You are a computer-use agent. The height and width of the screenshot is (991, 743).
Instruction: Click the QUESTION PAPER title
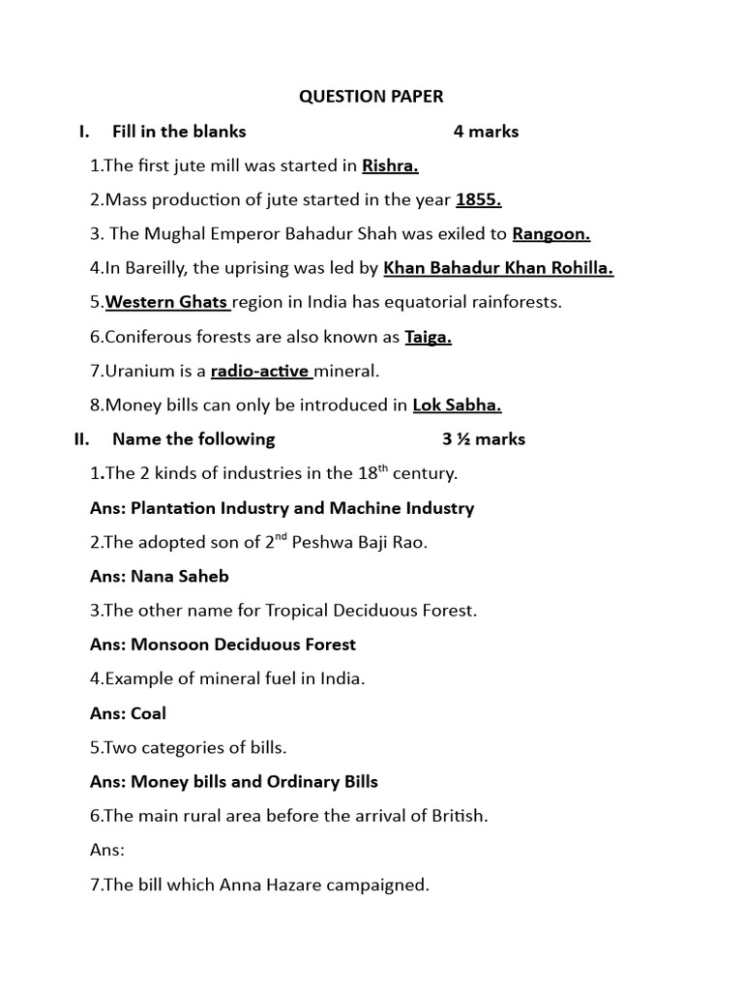point(371,97)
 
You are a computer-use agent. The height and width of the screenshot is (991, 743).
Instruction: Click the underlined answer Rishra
point(390,165)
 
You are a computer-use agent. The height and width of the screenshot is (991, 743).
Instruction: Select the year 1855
point(478,199)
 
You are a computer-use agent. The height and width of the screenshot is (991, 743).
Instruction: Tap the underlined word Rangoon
point(550,233)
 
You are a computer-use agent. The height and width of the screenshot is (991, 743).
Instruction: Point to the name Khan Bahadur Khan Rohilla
point(498,268)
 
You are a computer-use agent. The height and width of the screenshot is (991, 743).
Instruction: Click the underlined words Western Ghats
point(165,302)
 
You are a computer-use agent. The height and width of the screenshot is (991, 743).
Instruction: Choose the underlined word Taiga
point(429,337)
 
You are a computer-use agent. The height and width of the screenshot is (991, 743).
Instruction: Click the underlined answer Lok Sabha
point(457,405)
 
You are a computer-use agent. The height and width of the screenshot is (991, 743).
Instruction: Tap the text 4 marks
point(486,132)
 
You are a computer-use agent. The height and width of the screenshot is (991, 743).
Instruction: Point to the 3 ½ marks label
point(484,439)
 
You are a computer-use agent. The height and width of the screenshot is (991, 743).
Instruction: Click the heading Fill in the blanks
point(179,132)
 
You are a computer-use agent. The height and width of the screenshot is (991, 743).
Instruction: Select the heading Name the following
point(193,439)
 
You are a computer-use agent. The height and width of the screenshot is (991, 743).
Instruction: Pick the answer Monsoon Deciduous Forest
point(243,645)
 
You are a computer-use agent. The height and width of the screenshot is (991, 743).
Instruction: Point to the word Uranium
point(135,371)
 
